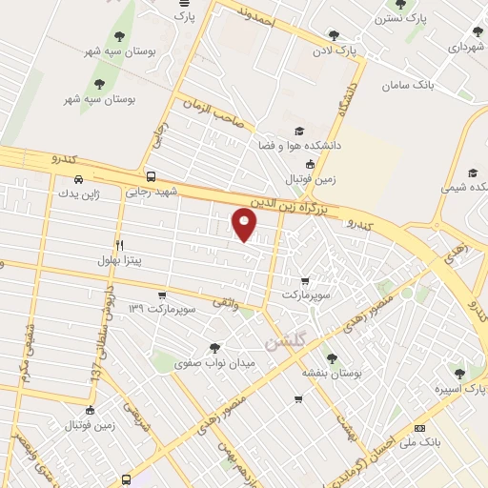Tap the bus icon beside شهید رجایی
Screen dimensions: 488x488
151,176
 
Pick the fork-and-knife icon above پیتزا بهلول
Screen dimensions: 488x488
119,245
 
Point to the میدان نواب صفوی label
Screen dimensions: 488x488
215,363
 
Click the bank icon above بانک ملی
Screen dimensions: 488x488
419,430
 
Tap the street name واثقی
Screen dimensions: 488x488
244,304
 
